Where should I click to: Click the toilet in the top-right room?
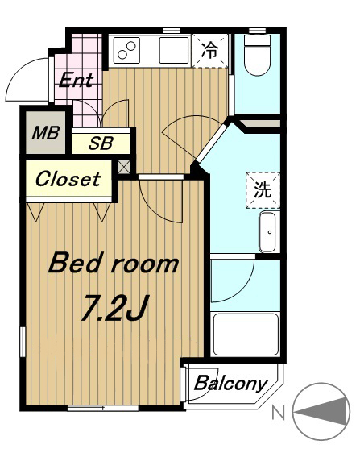point(257,56)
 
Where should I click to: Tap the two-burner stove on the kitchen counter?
point(126,50)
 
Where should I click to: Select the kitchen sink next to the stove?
point(174,50)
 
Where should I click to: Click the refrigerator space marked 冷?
point(210,51)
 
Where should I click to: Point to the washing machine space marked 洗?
point(263,190)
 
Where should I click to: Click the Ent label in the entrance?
point(77,80)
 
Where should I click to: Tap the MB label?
point(46,133)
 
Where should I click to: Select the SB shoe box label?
point(101,143)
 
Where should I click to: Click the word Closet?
point(68,179)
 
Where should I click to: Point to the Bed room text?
point(114,263)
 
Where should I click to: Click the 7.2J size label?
point(115,308)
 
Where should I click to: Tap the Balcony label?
point(230,384)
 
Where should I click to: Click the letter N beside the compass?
point(279,413)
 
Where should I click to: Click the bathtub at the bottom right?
point(246,334)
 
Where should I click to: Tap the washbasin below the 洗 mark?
point(267,232)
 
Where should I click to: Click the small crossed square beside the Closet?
point(123,168)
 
